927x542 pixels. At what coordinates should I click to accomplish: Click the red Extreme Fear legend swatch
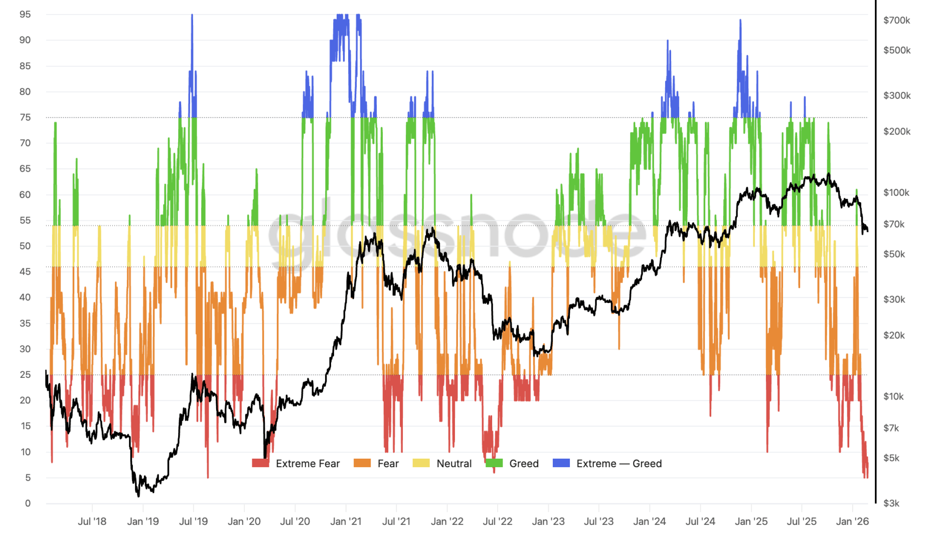pyautogui.click(x=260, y=463)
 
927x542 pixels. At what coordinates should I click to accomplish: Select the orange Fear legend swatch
pyautogui.click(x=362, y=463)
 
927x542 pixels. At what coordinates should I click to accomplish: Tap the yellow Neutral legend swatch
pyautogui.click(x=421, y=463)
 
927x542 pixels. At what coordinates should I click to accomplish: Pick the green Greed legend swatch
pyautogui.click(x=494, y=463)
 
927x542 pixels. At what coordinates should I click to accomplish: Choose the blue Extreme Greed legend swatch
pyautogui.click(x=561, y=463)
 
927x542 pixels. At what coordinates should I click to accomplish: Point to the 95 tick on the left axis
pyautogui.click(x=25, y=15)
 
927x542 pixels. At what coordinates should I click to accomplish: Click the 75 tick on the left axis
pyautogui.click(x=25, y=117)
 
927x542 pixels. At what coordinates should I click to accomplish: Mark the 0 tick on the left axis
pyautogui.click(x=28, y=503)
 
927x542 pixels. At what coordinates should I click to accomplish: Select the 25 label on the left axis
pyautogui.click(x=25, y=374)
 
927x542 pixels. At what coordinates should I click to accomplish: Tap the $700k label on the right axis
pyautogui.click(x=896, y=21)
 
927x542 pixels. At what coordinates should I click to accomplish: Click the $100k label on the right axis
pyautogui.click(x=896, y=193)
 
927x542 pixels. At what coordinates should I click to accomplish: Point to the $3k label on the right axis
pyautogui.click(x=891, y=503)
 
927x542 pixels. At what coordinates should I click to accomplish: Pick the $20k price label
pyautogui.click(x=894, y=335)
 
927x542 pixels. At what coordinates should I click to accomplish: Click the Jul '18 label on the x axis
pyautogui.click(x=92, y=521)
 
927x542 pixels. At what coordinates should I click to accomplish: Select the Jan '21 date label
pyautogui.click(x=346, y=521)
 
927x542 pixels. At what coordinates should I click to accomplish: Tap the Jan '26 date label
pyautogui.click(x=852, y=521)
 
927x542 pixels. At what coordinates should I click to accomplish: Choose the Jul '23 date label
pyautogui.click(x=598, y=521)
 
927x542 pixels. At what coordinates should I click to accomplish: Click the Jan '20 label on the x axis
pyautogui.click(x=244, y=521)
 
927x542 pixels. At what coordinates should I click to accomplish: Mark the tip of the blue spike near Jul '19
pyautogui.click(x=192, y=15)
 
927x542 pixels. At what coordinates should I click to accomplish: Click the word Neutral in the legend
pyautogui.click(x=454, y=464)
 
